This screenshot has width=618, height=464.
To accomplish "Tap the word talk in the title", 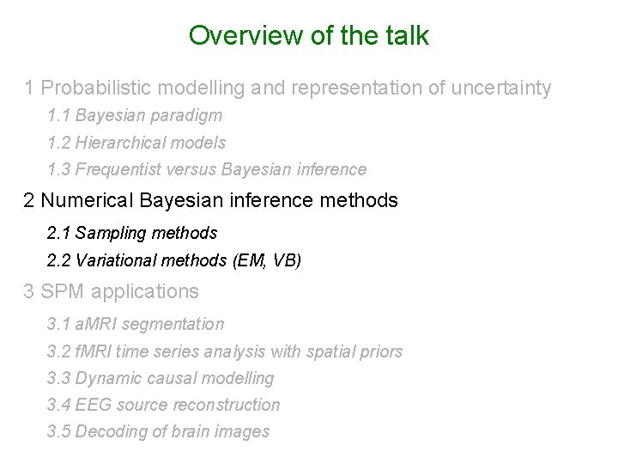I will click(x=406, y=36).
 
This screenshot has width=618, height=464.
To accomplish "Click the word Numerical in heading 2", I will click(x=93, y=201).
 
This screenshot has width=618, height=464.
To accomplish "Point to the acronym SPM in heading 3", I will click(x=61, y=292).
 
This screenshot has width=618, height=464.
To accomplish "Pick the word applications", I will click(x=143, y=292).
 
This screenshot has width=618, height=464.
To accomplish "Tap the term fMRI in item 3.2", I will click(x=93, y=351).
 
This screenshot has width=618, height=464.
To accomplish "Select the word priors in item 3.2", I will click(x=380, y=351).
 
